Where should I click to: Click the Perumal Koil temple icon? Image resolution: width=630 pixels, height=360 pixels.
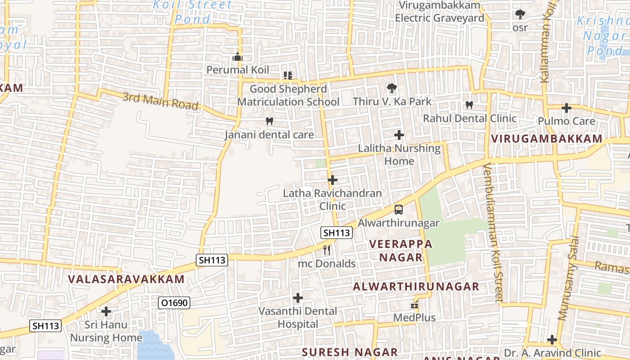[x=238, y=57]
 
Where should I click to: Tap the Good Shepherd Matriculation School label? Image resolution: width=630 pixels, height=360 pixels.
[x=288, y=95]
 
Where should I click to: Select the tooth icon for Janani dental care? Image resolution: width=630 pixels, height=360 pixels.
[x=270, y=121]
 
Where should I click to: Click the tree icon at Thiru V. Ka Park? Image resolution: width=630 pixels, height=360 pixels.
[x=392, y=88]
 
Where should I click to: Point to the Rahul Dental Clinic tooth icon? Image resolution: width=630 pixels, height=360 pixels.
[x=469, y=105]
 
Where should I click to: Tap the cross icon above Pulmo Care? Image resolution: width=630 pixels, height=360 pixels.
[x=567, y=108]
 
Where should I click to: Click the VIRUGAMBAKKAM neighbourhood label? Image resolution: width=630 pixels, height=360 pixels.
[x=547, y=139]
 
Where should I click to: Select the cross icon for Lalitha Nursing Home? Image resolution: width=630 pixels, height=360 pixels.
[x=399, y=135]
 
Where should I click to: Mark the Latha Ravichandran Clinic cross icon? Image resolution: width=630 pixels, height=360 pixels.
[x=333, y=180]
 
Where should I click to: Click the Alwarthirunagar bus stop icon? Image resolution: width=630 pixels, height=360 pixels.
[x=399, y=209]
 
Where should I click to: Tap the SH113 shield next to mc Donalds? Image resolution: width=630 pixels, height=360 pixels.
[x=337, y=233]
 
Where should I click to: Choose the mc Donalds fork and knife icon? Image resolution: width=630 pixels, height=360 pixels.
[x=327, y=250]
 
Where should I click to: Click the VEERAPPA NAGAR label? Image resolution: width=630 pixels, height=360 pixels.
[x=400, y=251]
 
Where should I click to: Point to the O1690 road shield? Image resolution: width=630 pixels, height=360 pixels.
[x=175, y=303]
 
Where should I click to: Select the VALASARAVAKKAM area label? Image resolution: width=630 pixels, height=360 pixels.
[x=126, y=279]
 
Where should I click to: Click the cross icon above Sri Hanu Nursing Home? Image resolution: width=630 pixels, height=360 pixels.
[x=106, y=311]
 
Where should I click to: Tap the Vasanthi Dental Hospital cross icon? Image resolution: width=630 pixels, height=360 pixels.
[x=298, y=298]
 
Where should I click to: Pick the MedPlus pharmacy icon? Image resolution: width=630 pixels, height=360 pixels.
[x=414, y=305]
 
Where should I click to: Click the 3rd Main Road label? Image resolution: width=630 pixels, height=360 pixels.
[x=160, y=101]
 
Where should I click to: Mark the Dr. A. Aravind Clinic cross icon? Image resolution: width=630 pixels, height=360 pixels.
[x=552, y=340]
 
